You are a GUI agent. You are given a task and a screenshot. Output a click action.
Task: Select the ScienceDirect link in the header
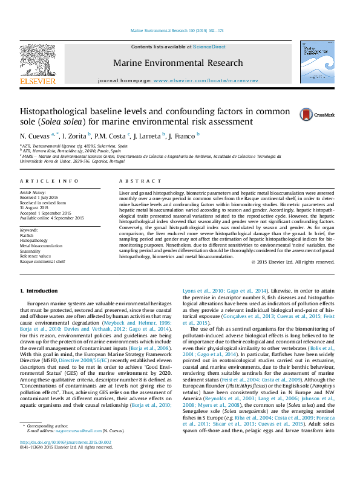(210, 47)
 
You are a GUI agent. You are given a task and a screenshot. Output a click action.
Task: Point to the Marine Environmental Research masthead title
(178, 63)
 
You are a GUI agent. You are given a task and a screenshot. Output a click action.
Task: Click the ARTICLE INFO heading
(48, 181)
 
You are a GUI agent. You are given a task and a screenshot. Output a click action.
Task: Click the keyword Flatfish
(27, 236)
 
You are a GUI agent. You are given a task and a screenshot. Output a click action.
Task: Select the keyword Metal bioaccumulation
(41, 246)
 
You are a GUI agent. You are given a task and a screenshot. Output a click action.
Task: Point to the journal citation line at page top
(177, 30)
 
